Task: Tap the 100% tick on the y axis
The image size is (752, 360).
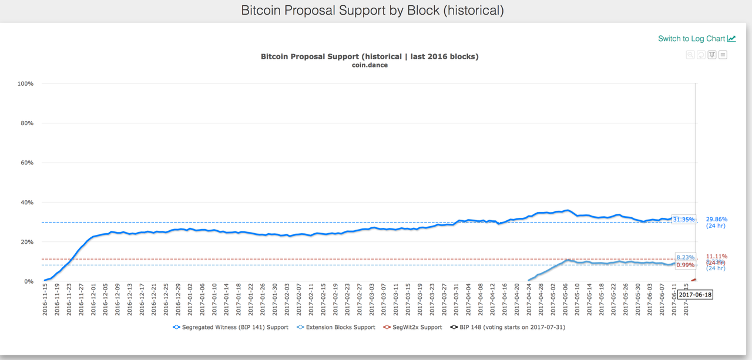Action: click(x=26, y=84)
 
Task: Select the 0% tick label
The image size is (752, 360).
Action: click(x=29, y=281)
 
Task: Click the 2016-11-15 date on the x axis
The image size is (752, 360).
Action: click(x=45, y=300)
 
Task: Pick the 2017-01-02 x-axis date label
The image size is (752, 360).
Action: click(x=190, y=300)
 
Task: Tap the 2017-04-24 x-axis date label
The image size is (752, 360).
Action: click(x=528, y=300)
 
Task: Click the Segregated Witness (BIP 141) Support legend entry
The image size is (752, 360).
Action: click(x=230, y=327)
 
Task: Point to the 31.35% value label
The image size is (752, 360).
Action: click(x=683, y=220)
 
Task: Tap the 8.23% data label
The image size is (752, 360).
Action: click(x=685, y=257)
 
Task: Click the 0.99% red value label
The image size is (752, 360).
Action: click(x=685, y=265)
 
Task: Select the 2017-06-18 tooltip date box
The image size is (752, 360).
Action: click(x=695, y=294)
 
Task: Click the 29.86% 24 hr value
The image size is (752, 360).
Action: click(x=716, y=219)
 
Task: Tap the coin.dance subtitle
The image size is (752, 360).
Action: click(x=370, y=65)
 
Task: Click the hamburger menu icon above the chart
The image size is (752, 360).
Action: click(x=723, y=55)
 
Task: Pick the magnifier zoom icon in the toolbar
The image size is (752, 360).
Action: click(x=690, y=55)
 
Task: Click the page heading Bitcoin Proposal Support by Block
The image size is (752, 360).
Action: click(x=372, y=11)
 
